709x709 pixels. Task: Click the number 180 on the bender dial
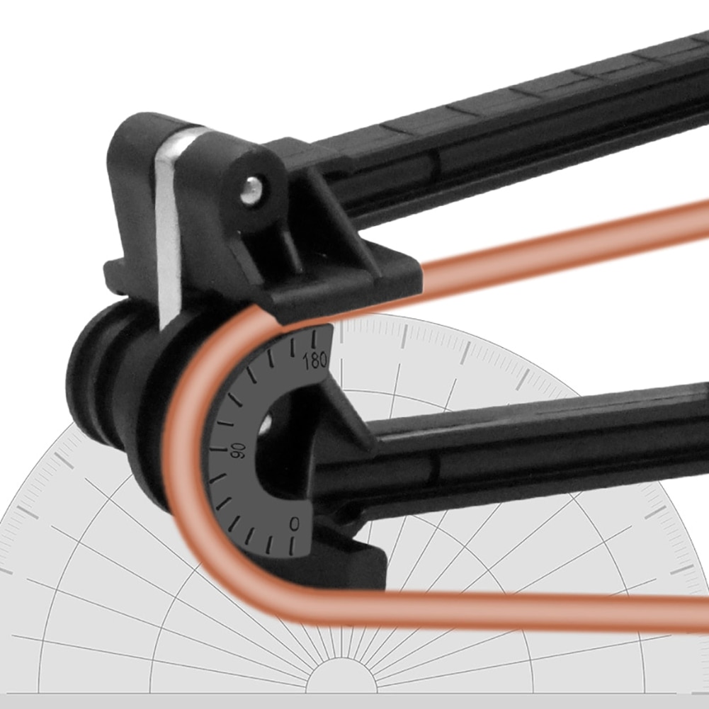[x=315, y=361]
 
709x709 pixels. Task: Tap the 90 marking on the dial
[x=238, y=450]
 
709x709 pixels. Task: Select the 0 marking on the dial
[x=295, y=524]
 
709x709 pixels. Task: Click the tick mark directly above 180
[x=314, y=339]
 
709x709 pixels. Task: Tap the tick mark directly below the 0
[x=292, y=546]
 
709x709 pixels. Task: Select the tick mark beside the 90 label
[x=217, y=450]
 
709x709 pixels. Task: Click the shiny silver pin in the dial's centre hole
[x=266, y=421]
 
